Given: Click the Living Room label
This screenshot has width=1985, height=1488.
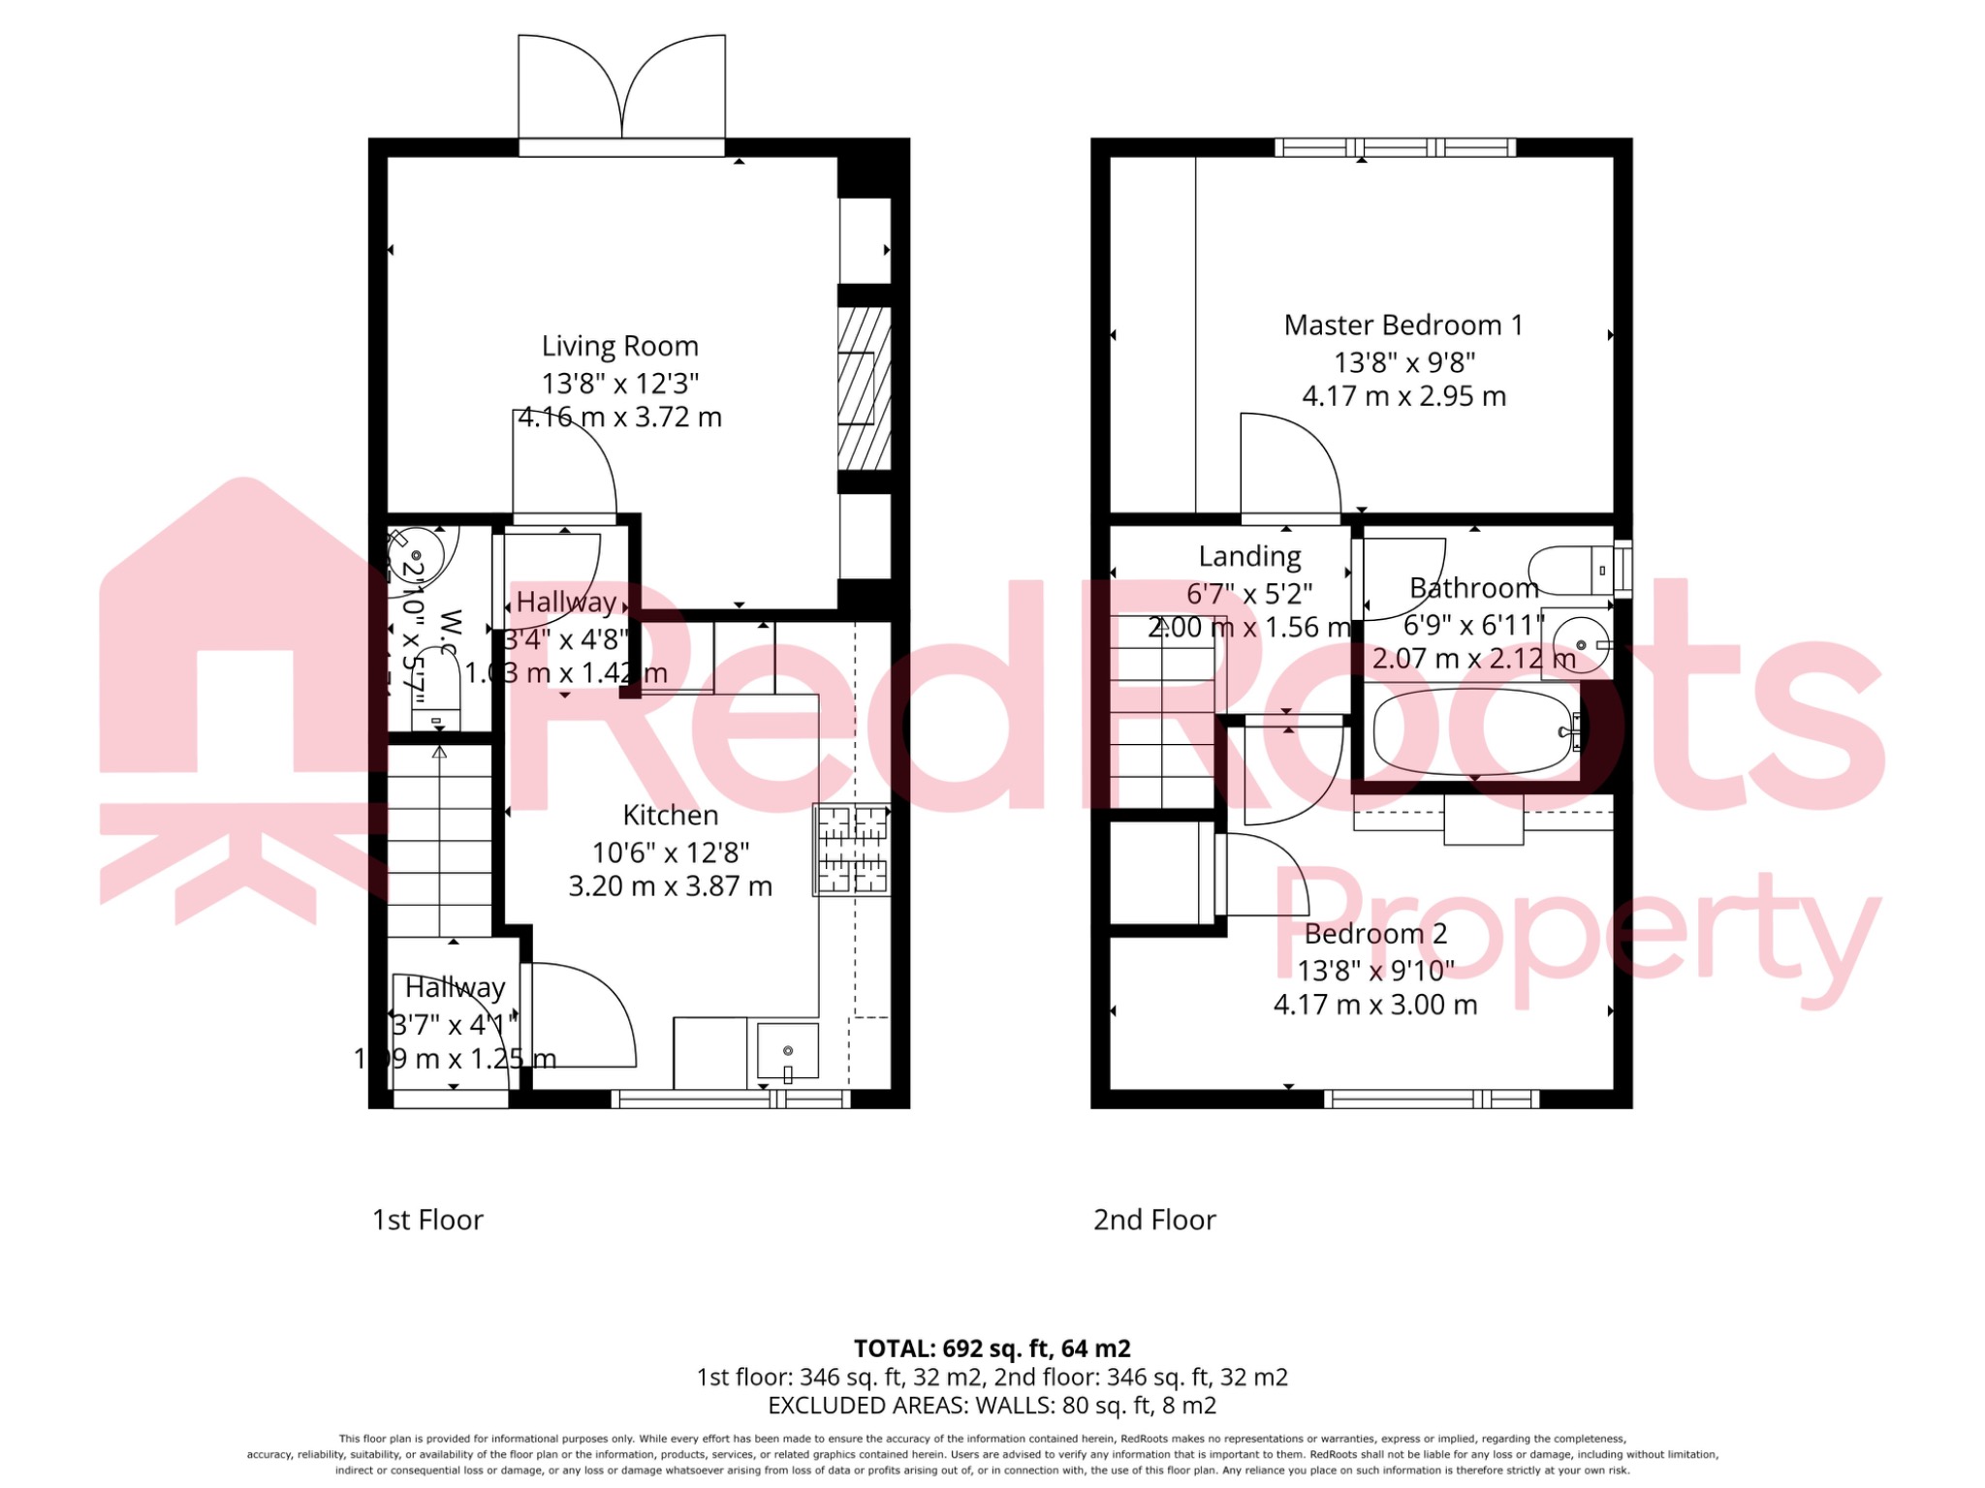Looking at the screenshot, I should coord(619,346).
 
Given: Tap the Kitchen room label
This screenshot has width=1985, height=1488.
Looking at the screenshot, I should coord(670,816).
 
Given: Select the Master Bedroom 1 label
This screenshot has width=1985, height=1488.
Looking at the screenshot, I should coord(1402,325).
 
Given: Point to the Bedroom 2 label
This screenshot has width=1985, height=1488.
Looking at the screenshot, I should coord(1375,934).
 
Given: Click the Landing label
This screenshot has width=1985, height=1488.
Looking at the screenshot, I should coord(1249,556).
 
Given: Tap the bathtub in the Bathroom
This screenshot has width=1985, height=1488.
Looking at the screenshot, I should coord(1471,731).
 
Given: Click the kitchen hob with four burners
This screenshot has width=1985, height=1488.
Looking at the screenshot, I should coord(852,850).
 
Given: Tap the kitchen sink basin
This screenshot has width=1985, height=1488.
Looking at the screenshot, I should coord(787,1051).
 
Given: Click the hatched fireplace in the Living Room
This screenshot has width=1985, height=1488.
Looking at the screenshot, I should coord(864,388).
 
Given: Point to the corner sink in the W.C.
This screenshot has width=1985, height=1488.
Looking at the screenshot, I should coord(418,555).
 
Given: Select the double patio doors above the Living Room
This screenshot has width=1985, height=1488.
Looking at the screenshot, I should coord(621,92).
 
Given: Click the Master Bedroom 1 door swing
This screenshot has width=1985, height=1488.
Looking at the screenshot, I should coord(1289,466).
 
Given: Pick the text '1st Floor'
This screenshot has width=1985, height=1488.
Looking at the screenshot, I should coord(427,1220).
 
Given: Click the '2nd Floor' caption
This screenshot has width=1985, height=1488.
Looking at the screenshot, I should coord(1154,1220).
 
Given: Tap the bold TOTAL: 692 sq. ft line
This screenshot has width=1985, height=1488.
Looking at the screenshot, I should coord(992,1348).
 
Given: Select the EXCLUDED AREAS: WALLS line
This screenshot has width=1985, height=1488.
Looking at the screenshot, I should coord(992,1405).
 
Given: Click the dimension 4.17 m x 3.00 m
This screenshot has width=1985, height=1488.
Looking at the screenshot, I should coord(1375,1005).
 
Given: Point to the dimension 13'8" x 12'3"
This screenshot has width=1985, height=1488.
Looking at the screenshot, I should coord(619,384).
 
